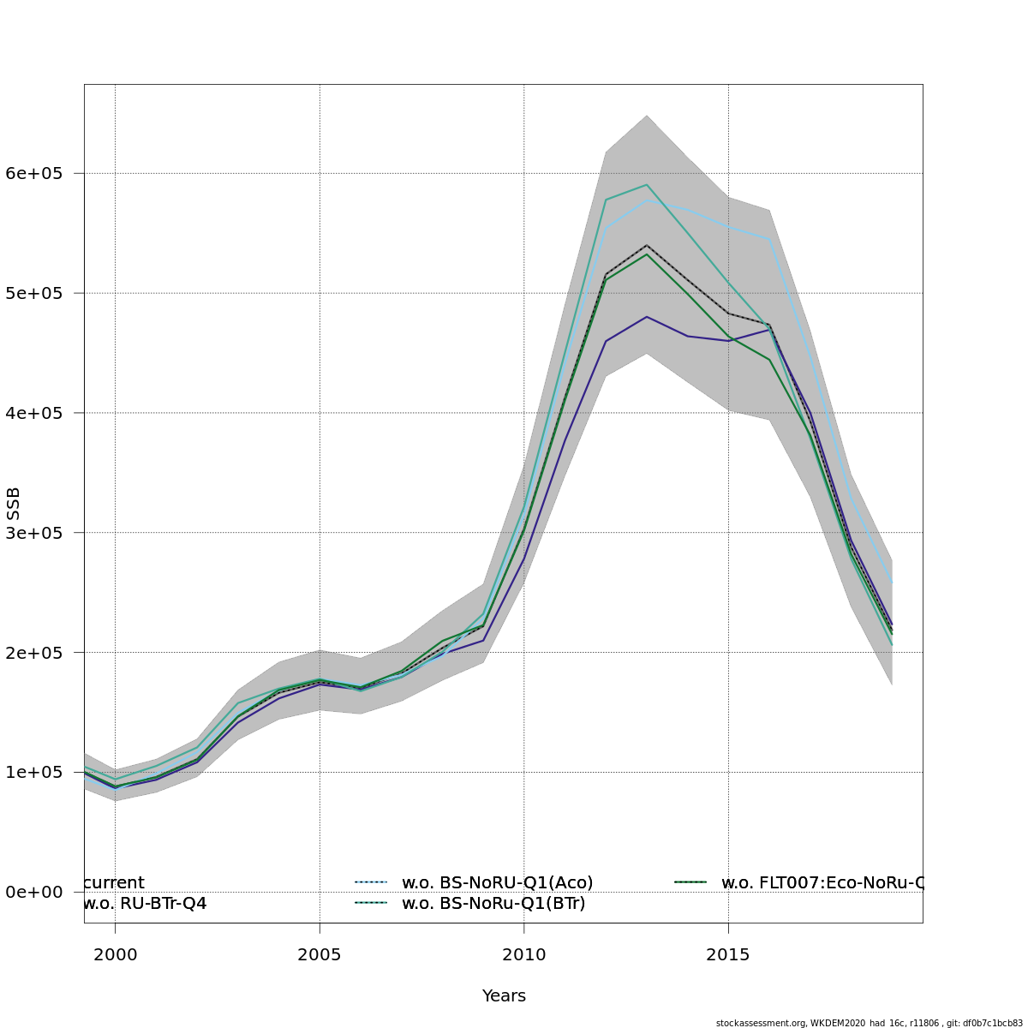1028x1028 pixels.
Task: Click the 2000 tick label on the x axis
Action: pyautogui.click(x=115, y=954)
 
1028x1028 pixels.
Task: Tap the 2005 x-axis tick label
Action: pyautogui.click(x=320, y=954)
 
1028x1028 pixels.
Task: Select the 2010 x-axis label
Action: pyautogui.click(x=523, y=954)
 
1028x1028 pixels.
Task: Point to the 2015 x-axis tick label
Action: pyautogui.click(x=728, y=954)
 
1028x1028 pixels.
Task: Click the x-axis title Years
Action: pyautogui.click(x=504, y=995)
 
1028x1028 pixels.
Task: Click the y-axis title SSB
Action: pyautogui.click(x=14, y=504)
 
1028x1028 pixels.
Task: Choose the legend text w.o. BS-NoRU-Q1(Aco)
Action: pyautogui.click(x=497, y=882)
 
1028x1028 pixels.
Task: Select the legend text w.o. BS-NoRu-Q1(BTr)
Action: pyautogui.click(x=493, y=903)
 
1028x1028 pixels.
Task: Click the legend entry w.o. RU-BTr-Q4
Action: pyautogui.click(x=145, y=903)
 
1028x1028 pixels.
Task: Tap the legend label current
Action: pyautogui.click(x=115, y=882)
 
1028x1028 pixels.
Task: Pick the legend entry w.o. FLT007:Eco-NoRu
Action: pyautogui.click(x=821, y=882)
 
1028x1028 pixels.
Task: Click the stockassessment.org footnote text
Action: pyautogui.click(x=869, y=1023)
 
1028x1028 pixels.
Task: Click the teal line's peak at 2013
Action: pyautogui.click(x=647, y=184)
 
